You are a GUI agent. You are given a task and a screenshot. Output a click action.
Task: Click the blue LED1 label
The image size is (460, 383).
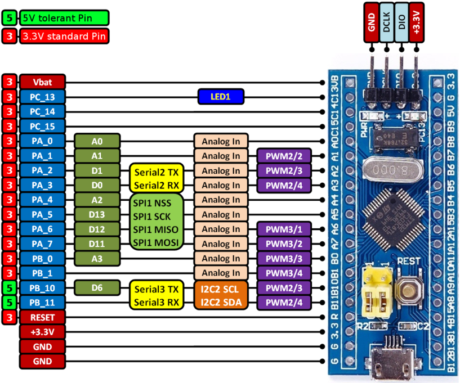pos(221,97)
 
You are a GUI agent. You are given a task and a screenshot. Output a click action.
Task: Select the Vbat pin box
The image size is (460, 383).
pos(43,82)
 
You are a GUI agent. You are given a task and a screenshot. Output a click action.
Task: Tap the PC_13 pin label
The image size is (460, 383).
pos(43,97)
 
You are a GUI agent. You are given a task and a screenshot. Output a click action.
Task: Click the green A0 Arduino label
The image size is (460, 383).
pos(97,141)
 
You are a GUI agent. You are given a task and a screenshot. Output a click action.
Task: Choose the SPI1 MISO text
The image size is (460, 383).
pos(157,229)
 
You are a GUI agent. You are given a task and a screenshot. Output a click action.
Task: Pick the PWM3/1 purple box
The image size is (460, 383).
pos(284,229)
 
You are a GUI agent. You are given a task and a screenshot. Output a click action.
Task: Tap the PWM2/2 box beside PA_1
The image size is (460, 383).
pos(284,156)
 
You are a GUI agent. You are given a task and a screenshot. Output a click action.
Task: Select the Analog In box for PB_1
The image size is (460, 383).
pos(221,273)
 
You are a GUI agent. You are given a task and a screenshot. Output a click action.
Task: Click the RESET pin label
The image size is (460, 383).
pos(43,317)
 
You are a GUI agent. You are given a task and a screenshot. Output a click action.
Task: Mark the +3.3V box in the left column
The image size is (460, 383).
pos(43,332)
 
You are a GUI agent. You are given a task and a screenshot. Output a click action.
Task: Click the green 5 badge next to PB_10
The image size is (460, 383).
pos(9,288)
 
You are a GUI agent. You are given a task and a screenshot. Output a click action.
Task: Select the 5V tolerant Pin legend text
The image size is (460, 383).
pos(64,17)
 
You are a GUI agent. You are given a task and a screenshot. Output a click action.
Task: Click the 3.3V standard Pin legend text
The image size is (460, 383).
pos(64,36)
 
